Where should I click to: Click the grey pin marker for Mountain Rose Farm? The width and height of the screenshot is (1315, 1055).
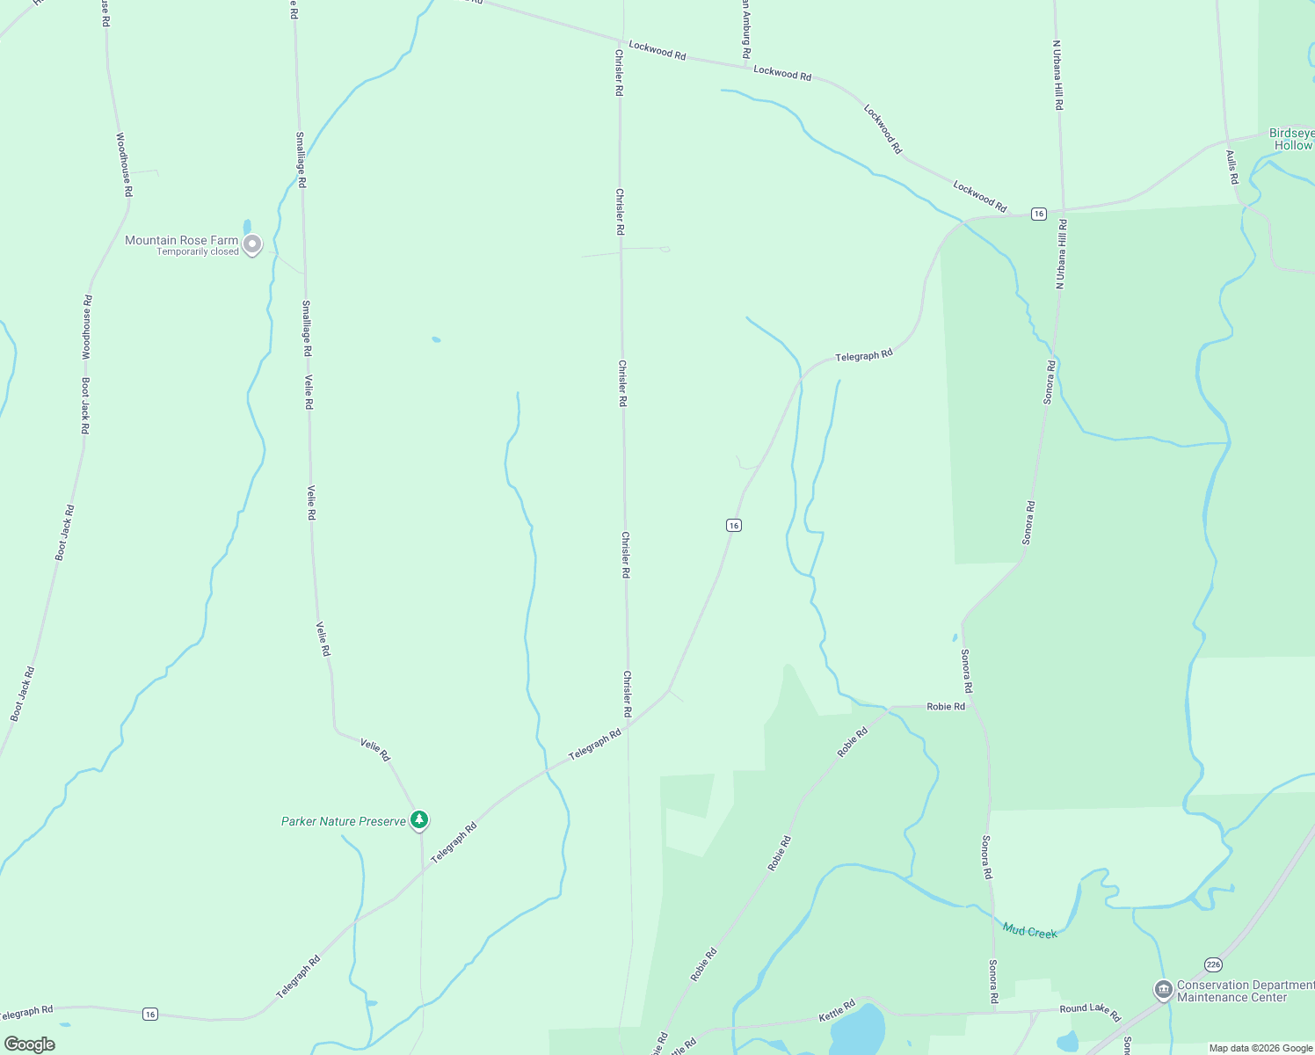tap(252, 244)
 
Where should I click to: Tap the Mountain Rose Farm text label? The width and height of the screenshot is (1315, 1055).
tap(181, 240)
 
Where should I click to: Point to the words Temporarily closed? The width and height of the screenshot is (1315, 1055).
tap(198, 252)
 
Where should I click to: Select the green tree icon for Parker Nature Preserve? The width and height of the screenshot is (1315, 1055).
tap(420, 820)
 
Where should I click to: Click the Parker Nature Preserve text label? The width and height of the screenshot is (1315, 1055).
tap(344, 821)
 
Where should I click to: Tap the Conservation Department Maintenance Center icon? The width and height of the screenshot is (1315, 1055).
tap(1163, 990)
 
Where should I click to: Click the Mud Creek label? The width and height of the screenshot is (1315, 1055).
tap(1029, 931)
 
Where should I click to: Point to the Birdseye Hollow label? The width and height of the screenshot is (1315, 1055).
tap(1291, 140)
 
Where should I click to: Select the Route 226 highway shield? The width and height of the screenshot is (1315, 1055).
tap(1213, 964)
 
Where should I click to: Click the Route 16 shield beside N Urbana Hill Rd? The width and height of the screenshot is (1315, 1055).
tap(1039, 214)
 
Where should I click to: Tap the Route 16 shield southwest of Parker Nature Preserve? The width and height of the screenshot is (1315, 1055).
tap(150, 1014)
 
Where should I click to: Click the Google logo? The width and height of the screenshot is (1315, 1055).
tap(30, 1044)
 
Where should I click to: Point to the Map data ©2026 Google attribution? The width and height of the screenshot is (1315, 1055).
tap(1261, 1048)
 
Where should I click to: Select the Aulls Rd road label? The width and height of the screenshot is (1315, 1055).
tap(1232, 167)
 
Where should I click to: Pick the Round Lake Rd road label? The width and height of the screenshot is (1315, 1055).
tap(1090, 1013)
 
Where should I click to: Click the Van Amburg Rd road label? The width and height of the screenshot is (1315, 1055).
tap(745, 31)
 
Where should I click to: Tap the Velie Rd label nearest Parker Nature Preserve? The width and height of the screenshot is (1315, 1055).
tap(374, 750)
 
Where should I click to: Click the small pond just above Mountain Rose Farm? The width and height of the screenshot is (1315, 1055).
tap(247, 227)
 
